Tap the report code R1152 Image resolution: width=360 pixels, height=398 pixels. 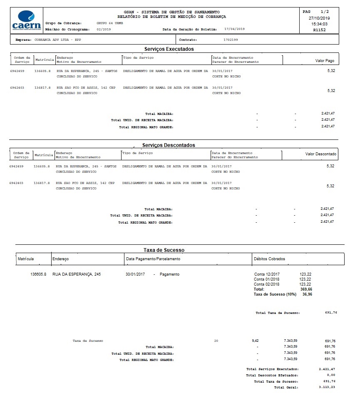319,30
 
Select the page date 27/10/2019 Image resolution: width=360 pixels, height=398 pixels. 319,18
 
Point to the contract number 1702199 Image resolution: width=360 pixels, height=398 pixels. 231,40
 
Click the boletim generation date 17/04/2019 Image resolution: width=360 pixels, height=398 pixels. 234,29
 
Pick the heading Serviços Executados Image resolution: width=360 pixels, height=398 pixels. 169,49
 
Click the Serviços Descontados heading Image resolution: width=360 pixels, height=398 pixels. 169,145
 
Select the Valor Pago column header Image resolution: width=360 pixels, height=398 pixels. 325,61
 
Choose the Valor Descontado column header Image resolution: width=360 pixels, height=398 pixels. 321,154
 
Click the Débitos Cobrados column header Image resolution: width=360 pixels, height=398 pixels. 269,259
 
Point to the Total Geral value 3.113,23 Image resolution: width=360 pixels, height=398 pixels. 327,387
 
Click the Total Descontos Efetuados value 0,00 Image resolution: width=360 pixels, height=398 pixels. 329,375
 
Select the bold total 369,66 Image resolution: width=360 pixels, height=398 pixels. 306,289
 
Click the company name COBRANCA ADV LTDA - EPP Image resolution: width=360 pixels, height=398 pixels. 63,40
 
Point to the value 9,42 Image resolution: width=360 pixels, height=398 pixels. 255,341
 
